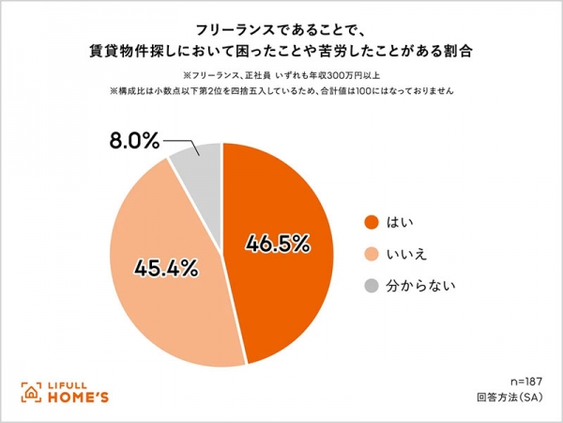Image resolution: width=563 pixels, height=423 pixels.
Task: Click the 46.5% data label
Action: [x=277, y=243]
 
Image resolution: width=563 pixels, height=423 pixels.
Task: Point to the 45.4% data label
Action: [x=165, y=266]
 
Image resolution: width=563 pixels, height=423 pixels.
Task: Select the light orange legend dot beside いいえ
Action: [x=370, y=254]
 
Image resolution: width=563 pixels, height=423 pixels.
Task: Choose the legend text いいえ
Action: [x=410, y=254]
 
